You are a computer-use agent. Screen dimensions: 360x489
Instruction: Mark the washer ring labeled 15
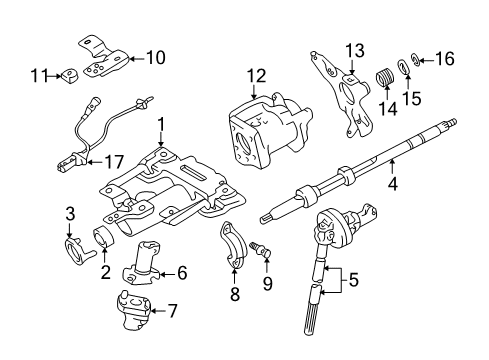click(402, 68)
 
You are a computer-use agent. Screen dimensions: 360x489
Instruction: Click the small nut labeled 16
click(417, 61)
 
